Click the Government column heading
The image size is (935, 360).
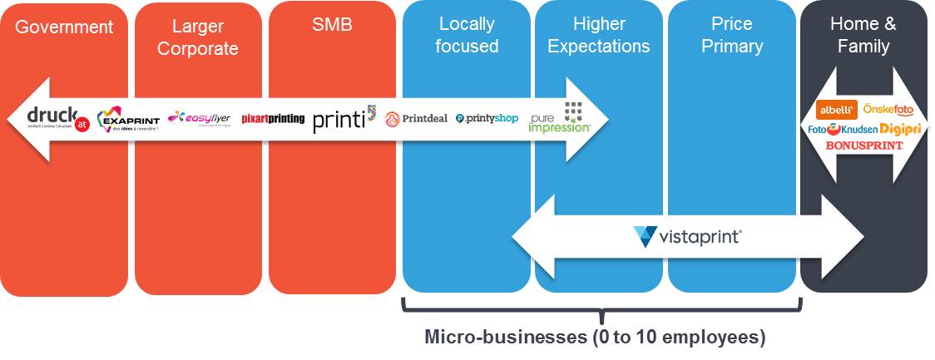(64, 27)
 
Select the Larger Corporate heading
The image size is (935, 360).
(198, 37)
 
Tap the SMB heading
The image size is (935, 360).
(332, 25)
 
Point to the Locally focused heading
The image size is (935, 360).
(467, 36)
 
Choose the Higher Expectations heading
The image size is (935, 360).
(599, 36)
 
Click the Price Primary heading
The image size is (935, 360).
(732, 36)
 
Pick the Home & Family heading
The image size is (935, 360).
(863, 36)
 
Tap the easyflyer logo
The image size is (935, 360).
(199, 118)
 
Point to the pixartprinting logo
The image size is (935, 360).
(273, 119)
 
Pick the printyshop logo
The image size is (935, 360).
(487, 119)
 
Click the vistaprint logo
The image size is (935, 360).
(687, 237)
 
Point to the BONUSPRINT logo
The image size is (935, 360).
(863, 145)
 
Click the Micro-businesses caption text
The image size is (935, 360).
(595, 338)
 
